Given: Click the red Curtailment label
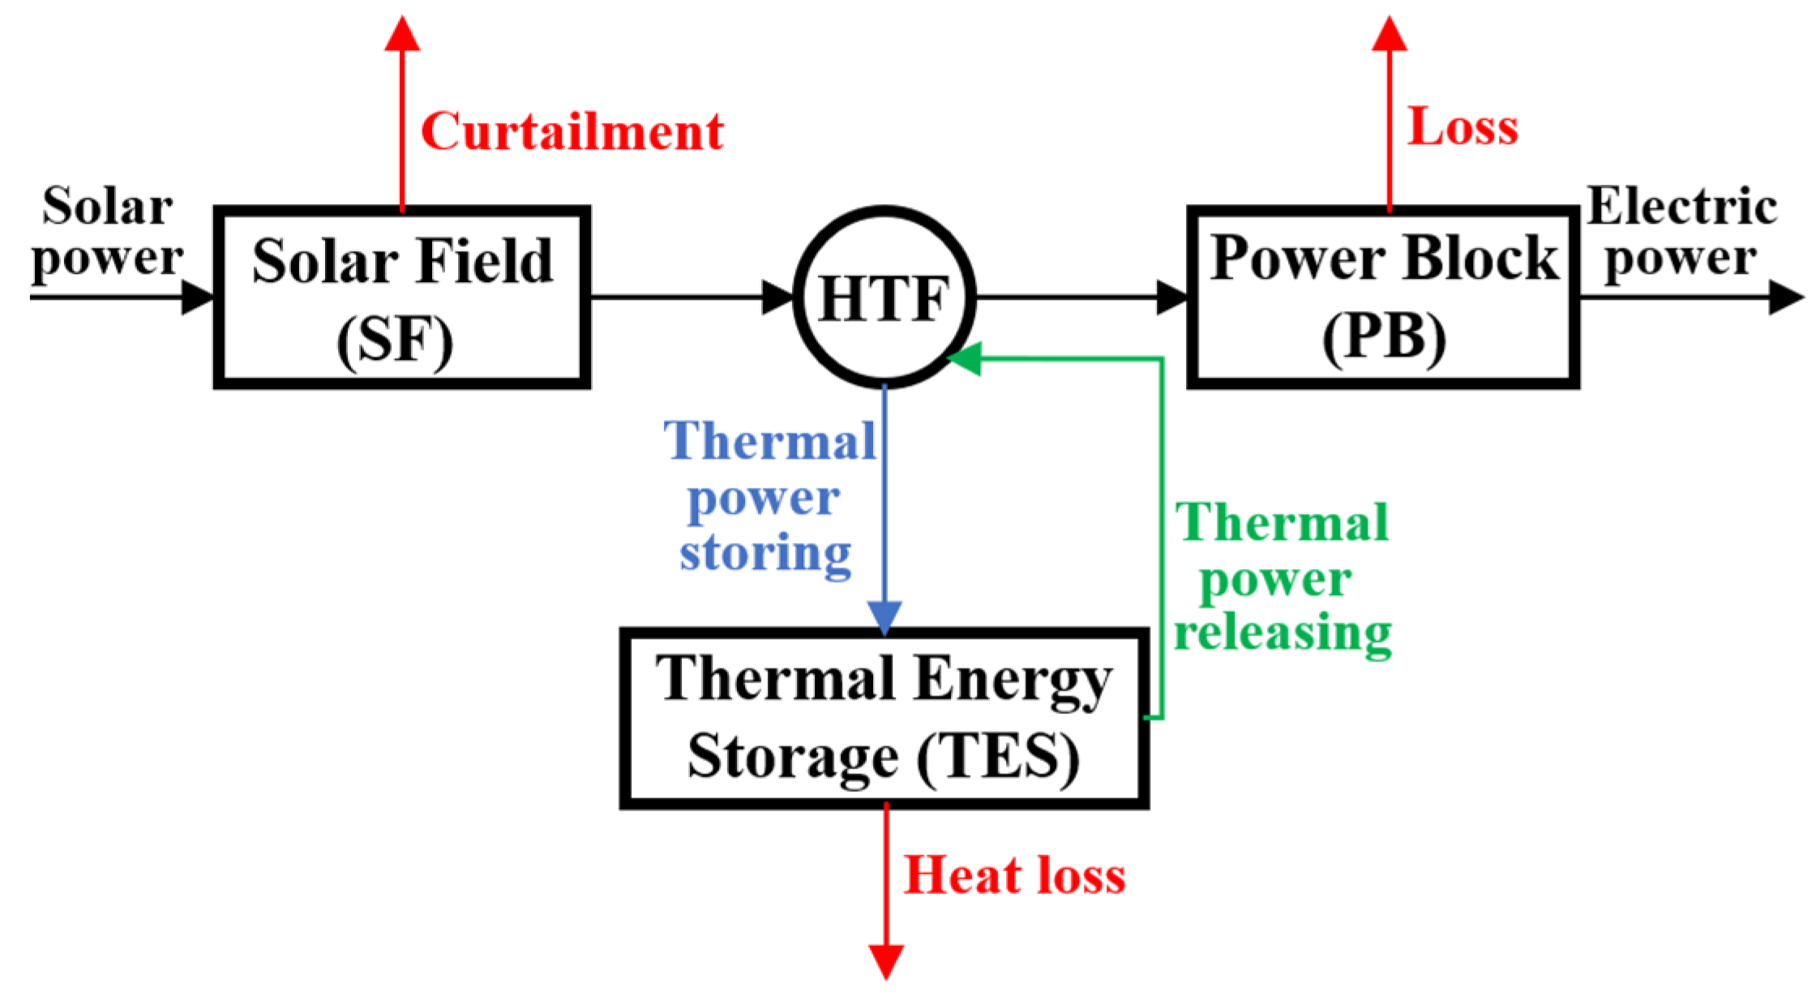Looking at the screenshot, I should [x=572, y=131].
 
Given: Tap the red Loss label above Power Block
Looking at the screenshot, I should [x=1462, y=127].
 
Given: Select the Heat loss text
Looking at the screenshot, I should [x=1014, y=876].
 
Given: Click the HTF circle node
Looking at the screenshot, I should [x=884, y=297].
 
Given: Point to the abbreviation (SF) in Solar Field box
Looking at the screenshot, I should [x=395, y=341].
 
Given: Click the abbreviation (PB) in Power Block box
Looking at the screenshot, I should [x=1384, y=337].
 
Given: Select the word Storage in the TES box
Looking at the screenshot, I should [x=792, y=756].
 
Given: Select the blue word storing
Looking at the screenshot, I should [x=765, y=554].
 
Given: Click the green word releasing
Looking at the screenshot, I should [x=1283, y=634].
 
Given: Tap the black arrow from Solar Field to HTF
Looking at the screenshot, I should [x=689, y=297].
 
